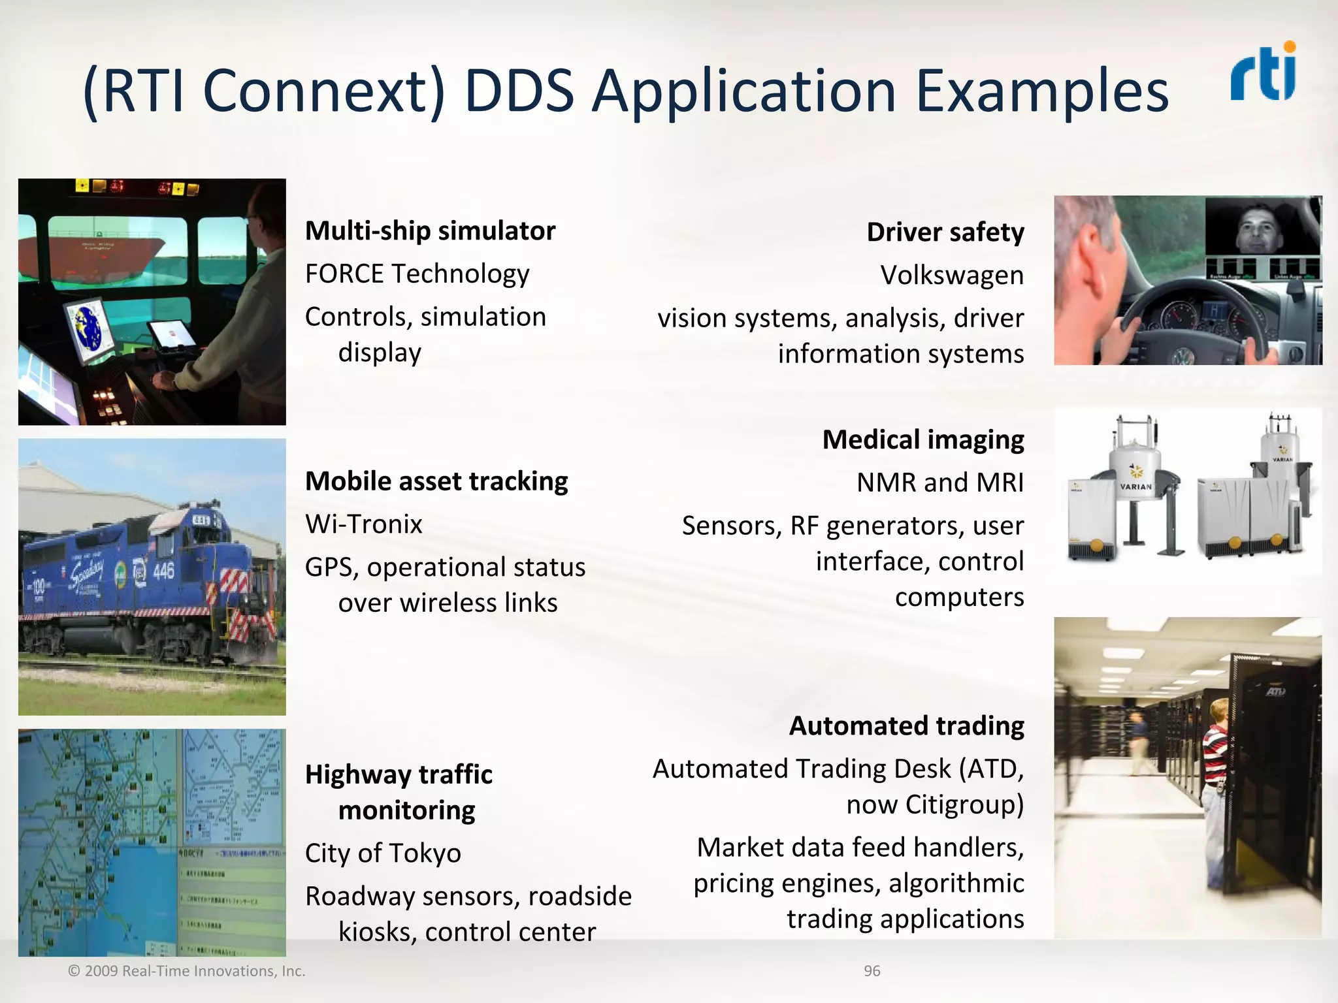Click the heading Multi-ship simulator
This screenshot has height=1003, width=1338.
tap(430, 231)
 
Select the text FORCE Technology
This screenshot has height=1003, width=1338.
tap(417, 274)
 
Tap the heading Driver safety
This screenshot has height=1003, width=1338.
tap(945, 232)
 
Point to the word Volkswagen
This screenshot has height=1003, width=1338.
tap(951, 276)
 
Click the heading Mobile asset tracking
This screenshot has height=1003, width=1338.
tap(436, 481)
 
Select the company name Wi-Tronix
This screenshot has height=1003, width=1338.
tap(364, 524)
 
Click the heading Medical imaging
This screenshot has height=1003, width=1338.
tap(922, 440)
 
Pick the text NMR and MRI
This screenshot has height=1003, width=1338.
tap(939, 483)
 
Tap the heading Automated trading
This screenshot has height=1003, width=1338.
tap(906, 726)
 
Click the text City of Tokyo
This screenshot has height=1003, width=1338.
tap(383, 853)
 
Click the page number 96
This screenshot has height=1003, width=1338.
tap(872, 971)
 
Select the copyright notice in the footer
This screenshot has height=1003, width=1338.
tap(187, 971)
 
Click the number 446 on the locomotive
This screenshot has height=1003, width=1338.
tap(163, 571)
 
